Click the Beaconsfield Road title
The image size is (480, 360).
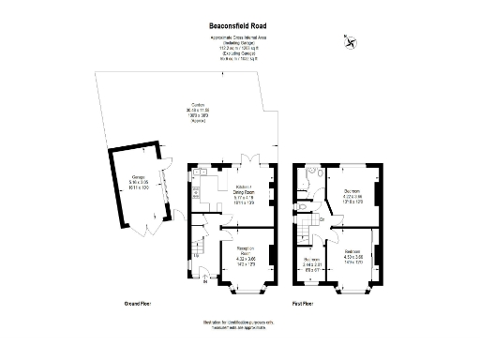[239, 28]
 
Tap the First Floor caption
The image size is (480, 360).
[302, 304]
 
